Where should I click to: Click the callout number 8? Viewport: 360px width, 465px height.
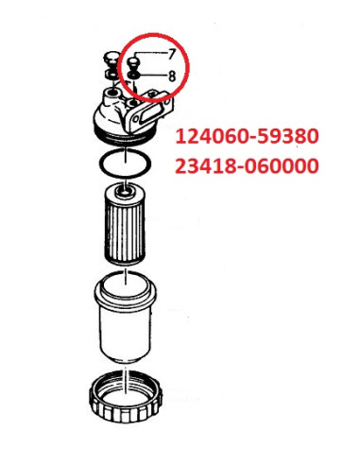(x=171, y=74)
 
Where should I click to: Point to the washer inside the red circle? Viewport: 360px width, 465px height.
(x=136, y=77)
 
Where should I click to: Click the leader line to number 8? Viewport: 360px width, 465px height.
(x=153, y=75)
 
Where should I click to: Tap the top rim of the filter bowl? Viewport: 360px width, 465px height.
(x=122, y=281)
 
